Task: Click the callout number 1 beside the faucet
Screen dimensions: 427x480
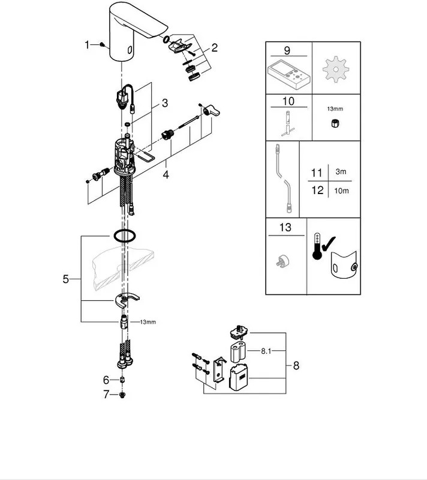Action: [x=88, y=45]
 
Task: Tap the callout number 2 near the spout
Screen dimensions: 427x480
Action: [x=214, y=47]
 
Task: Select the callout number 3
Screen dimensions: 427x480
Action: [x=165, y=103]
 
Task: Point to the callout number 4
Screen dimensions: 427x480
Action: [x=166, y=175]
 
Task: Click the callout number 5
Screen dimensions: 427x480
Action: [x=66, y=279]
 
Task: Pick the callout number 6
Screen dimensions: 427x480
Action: [x=106, y=380]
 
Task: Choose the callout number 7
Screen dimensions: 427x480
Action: [x=106, y=395]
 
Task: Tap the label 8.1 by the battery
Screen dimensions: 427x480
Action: [x=266, y=351]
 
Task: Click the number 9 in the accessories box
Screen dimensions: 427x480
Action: [x=287, y=50]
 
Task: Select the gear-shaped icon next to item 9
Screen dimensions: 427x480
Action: [x=336, y=70]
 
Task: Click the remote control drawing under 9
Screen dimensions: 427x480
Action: [x=289, y=75]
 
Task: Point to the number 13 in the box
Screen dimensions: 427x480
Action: [x=285, y=228]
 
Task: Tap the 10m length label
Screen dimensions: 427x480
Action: [x=341, y=191]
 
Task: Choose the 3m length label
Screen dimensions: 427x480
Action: [x=341, y=172]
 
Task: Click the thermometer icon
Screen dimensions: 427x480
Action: [x=317, y=246]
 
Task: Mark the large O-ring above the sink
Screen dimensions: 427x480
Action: [x=125, y=236]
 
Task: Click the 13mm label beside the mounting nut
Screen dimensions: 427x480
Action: [x=148, y=322]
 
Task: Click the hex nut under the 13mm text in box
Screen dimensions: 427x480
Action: [x=335, y=124]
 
